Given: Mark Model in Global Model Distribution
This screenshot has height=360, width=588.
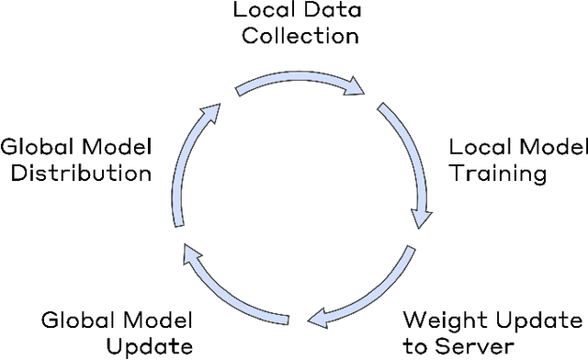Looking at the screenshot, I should pos(120,147).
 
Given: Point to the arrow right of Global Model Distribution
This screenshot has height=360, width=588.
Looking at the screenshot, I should pos(188,156).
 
